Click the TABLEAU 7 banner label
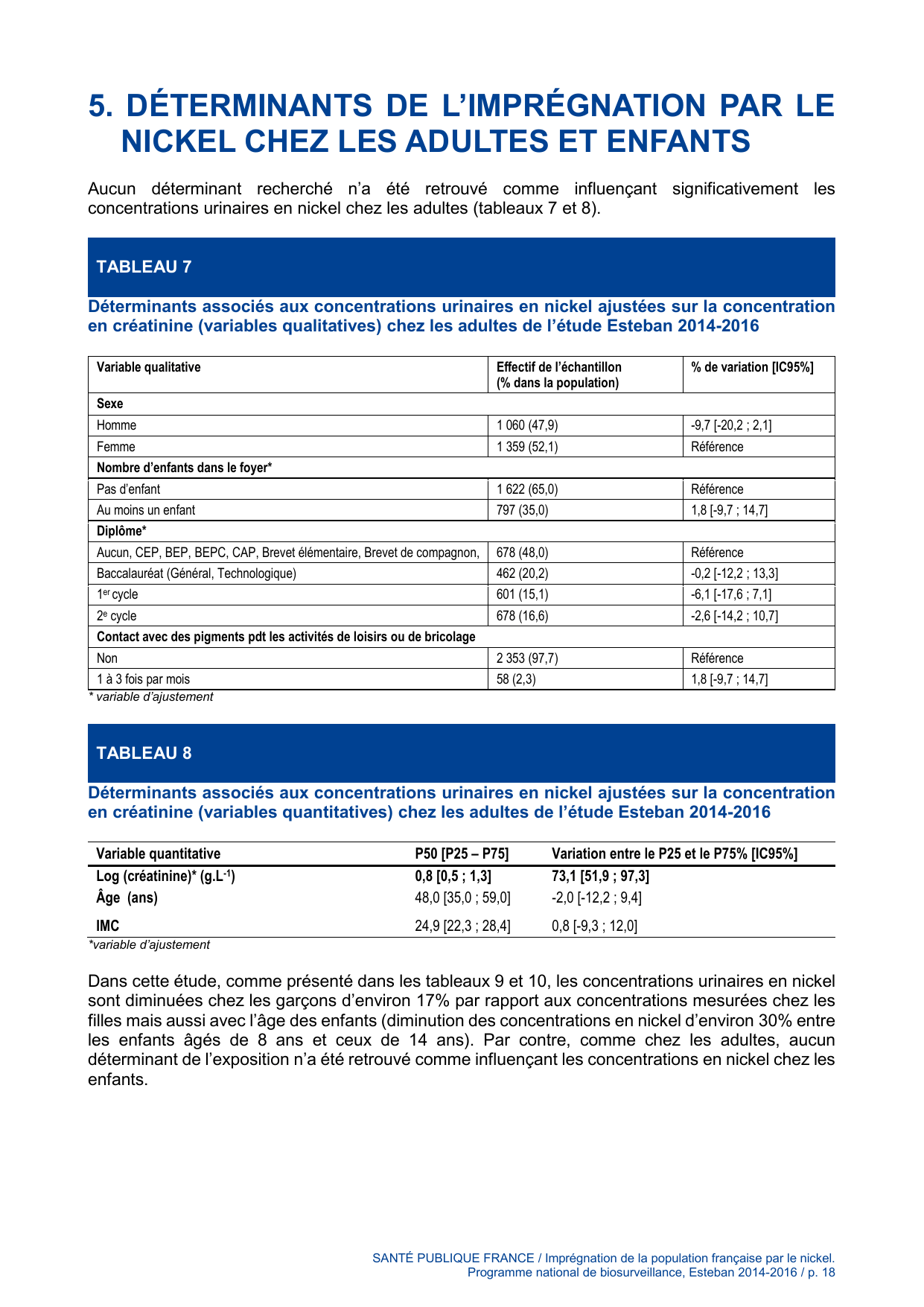tap(144, 267)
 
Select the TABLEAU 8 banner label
tap(144, 753)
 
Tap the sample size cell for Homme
tap(527, 425)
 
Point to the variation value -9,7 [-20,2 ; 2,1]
tap(731, 425)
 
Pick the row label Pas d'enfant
tap(128, 489)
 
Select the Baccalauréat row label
tap(197, 573)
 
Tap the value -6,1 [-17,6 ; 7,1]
tap(731, 594)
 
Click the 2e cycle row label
tap(117, 616)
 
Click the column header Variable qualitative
tap(149, 367)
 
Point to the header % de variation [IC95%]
tap(752, 367)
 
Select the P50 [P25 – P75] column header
tap(462, 853)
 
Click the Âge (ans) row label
tap(127, 897)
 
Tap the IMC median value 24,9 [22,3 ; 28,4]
tap(462, 926)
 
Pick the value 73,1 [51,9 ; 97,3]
tap(600, 877)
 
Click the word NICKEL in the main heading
tap(175, 141)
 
